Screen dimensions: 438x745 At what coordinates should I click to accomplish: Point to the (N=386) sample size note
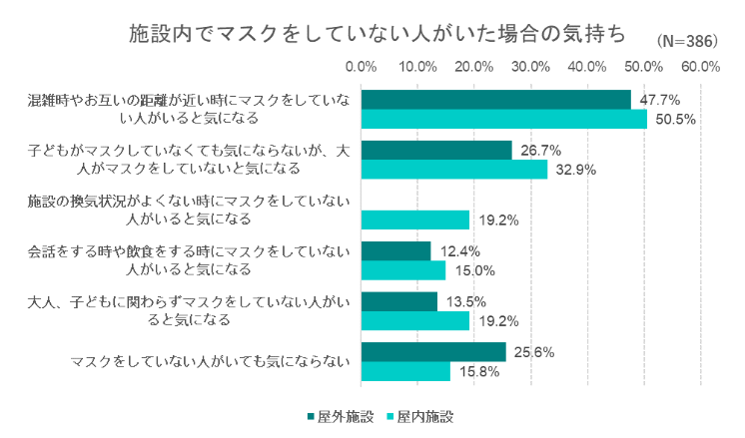click(690, 42)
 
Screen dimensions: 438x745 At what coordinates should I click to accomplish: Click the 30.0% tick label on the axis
click(530, 67)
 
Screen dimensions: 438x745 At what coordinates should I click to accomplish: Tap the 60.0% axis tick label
click(700, 67)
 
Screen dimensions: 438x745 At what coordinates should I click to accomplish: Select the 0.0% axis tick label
click(361, 67)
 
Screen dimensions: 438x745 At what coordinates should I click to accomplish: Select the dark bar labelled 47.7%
click(495, 99)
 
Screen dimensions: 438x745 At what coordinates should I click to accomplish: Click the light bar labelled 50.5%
click(503, 119)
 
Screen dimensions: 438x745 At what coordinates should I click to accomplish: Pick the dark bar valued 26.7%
click(436, 150)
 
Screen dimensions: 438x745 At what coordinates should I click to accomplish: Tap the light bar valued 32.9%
click(453, 170)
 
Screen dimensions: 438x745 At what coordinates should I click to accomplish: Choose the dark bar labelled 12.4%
click(395, 250)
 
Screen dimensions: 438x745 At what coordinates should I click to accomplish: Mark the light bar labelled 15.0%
click(402, 270)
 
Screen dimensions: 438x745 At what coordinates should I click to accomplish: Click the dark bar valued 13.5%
click(398, 301)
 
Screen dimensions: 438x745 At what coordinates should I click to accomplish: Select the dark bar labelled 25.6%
click(432, 352)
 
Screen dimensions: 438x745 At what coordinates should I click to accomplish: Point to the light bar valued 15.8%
click(404, 371)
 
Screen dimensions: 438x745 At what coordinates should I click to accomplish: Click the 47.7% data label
click(660, 100)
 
